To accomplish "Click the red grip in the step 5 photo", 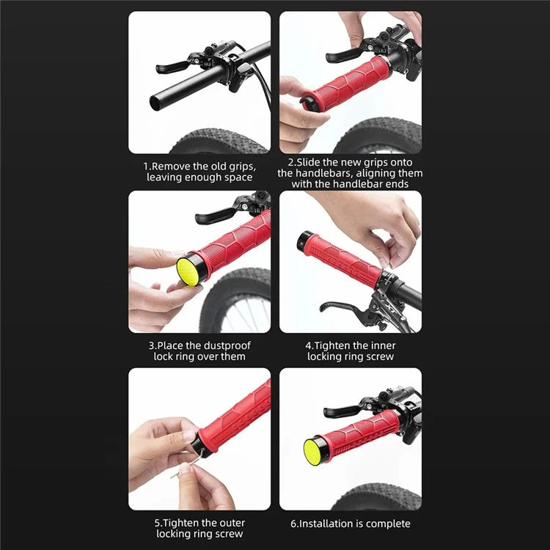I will (x=235, y=415).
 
